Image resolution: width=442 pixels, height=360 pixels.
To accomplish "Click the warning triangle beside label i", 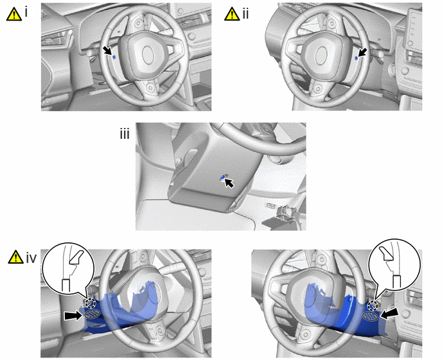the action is [14, 14].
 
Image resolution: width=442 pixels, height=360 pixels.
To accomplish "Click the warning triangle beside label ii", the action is [232, 14].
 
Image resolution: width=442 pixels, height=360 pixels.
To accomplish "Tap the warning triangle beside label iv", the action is [16, 256].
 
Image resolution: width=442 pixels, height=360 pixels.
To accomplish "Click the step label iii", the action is [125, 134].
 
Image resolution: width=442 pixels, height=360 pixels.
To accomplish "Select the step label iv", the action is [31, 258].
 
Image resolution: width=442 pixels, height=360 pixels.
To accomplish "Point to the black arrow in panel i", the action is [107, 51].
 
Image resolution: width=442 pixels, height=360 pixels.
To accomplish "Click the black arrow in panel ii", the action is [363, 52].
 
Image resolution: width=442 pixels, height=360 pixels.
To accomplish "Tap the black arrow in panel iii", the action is [229, 183].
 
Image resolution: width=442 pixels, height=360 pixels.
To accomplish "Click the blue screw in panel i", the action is [114, 57].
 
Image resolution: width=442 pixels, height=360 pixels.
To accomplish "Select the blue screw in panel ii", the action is [357, 58].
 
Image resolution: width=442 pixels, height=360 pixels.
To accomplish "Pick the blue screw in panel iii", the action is [223, 177].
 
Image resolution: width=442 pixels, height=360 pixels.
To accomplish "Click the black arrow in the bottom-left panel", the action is [73, 316].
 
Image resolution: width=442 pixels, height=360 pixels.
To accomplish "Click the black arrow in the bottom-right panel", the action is [389, 314].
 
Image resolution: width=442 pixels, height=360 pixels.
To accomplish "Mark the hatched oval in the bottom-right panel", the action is [370, 316].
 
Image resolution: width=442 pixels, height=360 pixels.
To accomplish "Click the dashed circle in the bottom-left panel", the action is [91, 303].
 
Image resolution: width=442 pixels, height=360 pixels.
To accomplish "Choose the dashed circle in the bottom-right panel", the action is [373, 305].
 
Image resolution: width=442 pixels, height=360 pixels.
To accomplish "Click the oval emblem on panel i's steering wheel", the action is [148, 55].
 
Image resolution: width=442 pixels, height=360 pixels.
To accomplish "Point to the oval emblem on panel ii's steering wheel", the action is [321, 55].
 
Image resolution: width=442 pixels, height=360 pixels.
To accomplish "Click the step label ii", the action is [245, 14].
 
